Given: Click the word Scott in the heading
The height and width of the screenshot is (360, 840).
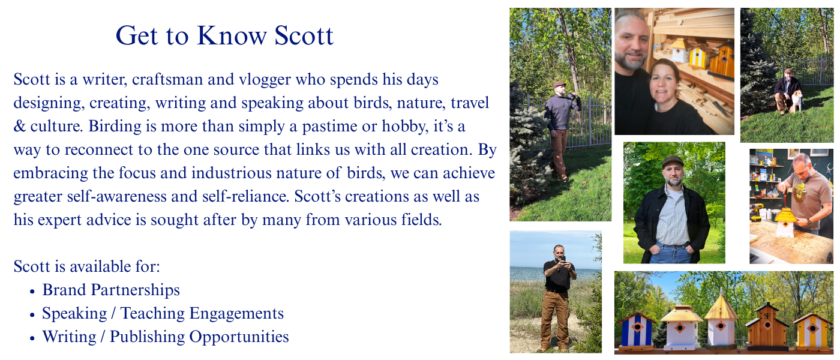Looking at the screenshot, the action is (x=304, y=36).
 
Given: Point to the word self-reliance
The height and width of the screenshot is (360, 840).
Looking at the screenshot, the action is (x=249, y=196).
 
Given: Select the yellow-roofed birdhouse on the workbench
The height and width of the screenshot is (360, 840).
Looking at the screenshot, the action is (x=785, y=222).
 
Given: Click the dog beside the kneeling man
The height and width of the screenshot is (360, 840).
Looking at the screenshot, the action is (x=797, y=101).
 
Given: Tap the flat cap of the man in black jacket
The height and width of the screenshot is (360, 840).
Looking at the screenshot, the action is (x=673, y=161).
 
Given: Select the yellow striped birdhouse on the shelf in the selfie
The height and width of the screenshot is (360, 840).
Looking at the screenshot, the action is (x=697, y=57).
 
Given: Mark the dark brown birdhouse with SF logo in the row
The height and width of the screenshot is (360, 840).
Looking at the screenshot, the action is (x=766, y=326).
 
